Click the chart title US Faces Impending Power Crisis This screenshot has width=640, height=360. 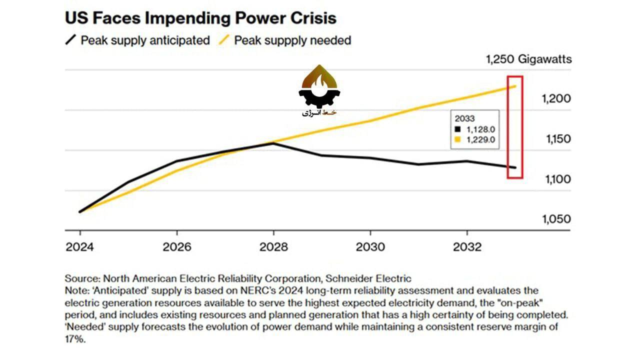click(200, 18)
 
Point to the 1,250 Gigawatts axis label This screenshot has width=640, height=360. click(528, 59)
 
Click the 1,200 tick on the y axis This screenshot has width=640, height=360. click(556, 99)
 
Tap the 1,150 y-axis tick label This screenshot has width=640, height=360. click(556, 139)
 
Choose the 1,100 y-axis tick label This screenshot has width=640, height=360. click(556, 179)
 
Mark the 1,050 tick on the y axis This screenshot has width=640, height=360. click(556, 219)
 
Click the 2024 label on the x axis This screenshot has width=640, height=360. click(80, 247)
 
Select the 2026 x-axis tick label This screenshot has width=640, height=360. click(177, 247)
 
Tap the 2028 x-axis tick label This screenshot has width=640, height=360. click(273, 247)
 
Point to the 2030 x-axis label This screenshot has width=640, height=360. click(370, 247)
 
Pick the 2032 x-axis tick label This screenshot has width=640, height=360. click(467, 247)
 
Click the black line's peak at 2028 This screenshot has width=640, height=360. click(273, 143)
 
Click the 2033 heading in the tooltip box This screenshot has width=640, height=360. click(464, 119)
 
